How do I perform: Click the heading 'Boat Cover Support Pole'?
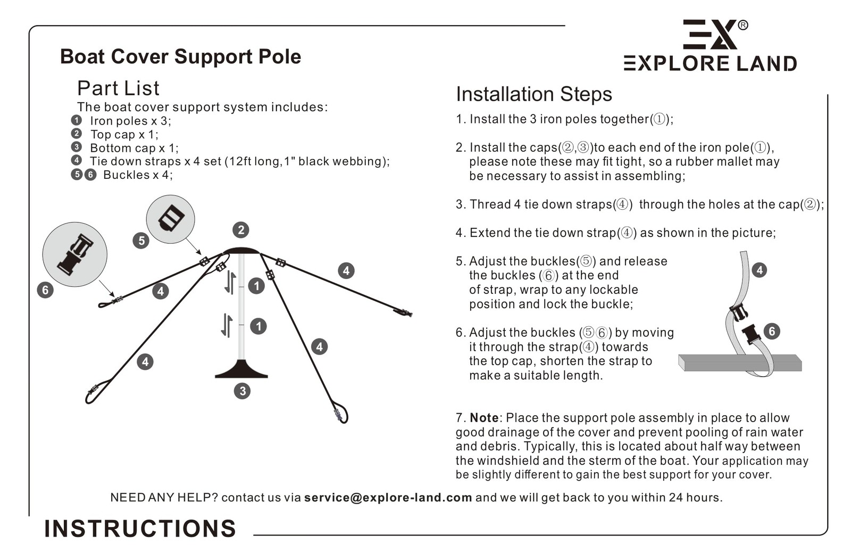[x=180, y=56]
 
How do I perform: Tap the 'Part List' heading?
[x=118, y=88]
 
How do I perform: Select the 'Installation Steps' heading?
[x=533, y=94]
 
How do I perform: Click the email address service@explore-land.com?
[x=388, y=498]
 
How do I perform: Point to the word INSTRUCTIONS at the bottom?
[x=140, y=529]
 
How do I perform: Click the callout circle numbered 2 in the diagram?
[x=241, y=230]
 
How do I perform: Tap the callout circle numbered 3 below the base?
[x=242, y=391]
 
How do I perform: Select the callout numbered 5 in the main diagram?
[x=141, y=241]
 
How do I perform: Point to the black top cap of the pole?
[x=241, y=251]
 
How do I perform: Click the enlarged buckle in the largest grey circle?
[x=75, y=254]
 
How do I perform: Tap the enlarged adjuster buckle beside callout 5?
[x=171, y=218]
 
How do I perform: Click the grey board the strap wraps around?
[x=740, y=363]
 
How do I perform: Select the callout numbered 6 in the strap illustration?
[x=772, y=331]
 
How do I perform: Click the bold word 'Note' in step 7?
[x=484, y=418]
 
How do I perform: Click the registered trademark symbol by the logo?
[x=743, y=25]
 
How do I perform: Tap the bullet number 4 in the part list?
[x=77, y=160]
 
